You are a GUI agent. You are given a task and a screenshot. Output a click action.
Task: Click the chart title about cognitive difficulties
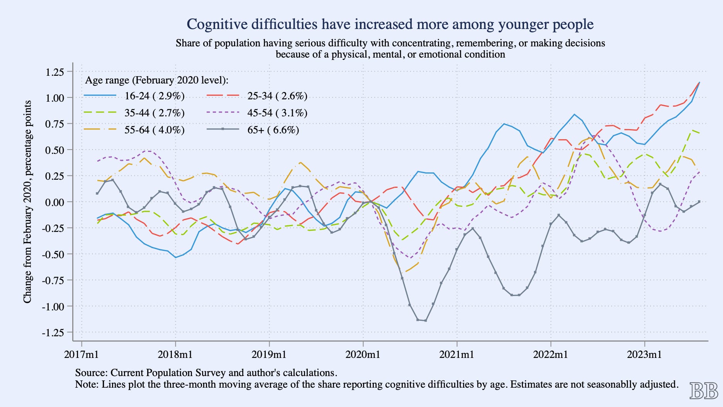[390, 24]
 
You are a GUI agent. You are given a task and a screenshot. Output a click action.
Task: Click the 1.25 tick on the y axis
[54, 72]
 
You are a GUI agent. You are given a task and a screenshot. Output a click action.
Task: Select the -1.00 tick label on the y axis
[53, 307]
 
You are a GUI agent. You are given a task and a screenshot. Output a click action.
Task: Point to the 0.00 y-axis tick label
[54, 202]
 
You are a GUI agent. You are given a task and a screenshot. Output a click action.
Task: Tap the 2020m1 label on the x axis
[363, 354]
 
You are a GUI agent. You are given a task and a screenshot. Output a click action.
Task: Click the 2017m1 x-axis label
[81, 354]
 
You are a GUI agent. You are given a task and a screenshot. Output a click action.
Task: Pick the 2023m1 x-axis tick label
[644, 354]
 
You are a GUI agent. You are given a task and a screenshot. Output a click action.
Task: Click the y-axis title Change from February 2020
[27, 202]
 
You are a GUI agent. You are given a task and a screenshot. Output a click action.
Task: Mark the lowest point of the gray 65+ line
[425, 320]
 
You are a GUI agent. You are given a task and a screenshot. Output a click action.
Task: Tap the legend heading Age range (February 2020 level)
[157, 80]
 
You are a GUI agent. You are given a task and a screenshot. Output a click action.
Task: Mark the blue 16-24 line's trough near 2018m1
[176, 257]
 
